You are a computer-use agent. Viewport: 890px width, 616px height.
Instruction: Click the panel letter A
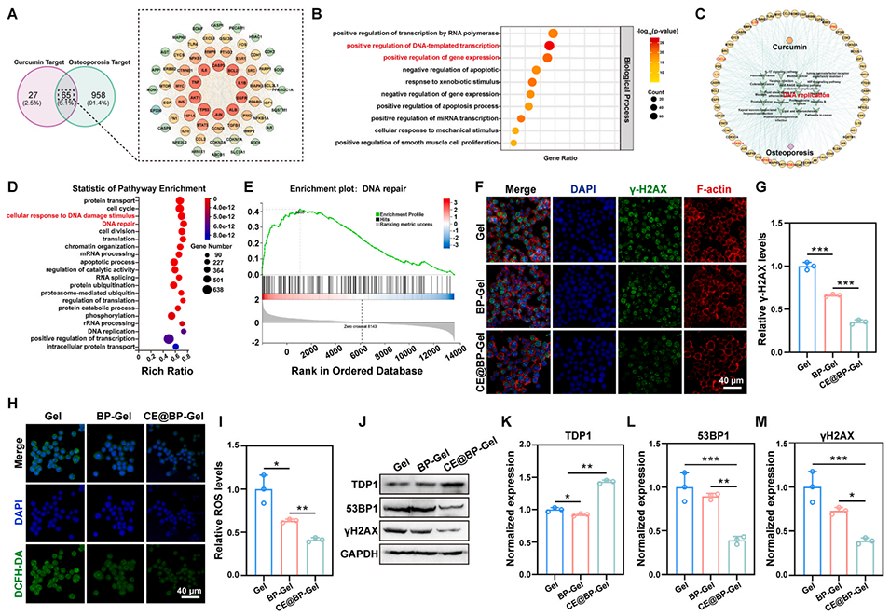click(x=13, y=12)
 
